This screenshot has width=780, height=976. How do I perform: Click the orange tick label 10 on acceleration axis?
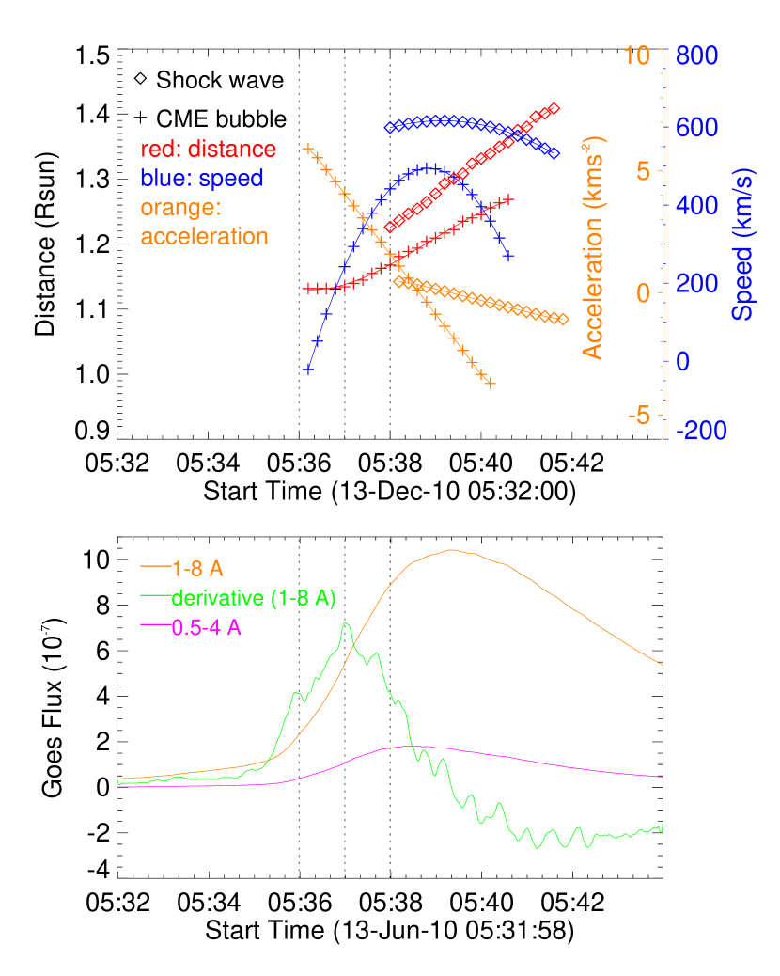tap(637, 55)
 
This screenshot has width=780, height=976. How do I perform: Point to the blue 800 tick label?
tap(695, 55)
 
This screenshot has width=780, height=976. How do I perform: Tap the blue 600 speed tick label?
tap(695, 127)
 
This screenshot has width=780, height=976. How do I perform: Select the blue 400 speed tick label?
tap(695, 205)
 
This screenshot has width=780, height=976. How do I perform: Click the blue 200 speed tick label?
tap(695, 283)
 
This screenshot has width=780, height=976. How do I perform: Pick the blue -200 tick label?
tap(701, 431)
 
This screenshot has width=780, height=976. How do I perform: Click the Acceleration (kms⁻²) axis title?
tap(594, 247)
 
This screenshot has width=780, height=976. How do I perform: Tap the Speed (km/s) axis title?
tap(743, 244)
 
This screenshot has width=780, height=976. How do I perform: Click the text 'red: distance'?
tap(209, 150)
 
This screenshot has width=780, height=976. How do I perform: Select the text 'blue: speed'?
tap(201, 178)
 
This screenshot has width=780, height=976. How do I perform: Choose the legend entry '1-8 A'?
tap(197, 568)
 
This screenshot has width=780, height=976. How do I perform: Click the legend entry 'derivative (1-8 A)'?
tap(254, 597)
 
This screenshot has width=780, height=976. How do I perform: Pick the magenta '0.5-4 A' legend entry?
tap(207, 627)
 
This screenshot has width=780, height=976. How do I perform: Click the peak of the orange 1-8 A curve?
tap(452, 549)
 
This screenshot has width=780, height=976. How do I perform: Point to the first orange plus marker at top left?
tap(307, 149)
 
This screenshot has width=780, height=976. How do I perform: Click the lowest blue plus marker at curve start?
tap(307, 370)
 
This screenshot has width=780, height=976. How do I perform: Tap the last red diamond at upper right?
tap(554, 108)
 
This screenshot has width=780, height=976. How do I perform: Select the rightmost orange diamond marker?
tap(563, 320)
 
